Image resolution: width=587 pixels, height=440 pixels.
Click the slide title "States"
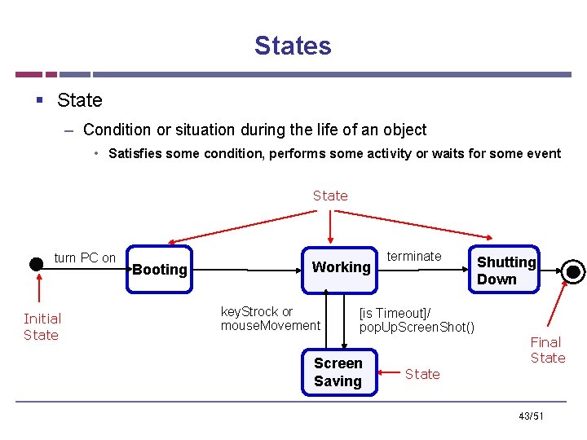click(x=293, y=46)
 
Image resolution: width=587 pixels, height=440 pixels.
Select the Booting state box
click(x=160, y=269)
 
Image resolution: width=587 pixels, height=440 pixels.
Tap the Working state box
click(x=341, y=267)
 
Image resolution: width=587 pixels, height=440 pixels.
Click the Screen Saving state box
click(x=338, y=372)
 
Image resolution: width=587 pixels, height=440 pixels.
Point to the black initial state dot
click(x=36, y=263)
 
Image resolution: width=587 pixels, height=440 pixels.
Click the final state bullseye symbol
click(x=574, y=271)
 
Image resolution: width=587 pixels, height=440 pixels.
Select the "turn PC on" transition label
click(x=85, y=257)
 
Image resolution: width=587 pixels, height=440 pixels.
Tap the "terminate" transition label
click(x=414, y=256)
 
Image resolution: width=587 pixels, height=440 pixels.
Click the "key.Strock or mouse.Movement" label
click(x=270, y=319)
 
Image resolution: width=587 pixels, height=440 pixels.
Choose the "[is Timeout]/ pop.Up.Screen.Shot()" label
click(x=416, y=320)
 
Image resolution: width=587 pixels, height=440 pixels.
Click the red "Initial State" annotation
click(x=42, y=327)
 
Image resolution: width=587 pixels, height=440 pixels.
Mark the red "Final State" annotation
click(x=547, y=350)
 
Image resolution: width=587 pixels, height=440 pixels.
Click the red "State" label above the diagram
click(x=330, y=196)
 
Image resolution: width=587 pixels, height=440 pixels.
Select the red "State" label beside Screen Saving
click(x=422, y=374)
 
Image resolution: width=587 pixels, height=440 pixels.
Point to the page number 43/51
click(x=530, y=416)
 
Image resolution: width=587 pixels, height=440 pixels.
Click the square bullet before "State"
click(x=38, y=100)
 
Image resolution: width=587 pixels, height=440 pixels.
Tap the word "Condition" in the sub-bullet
click(x=117, y=130)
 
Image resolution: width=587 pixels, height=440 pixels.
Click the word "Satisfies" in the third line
click(x=135, y=153)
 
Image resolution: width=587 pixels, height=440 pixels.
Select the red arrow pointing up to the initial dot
click(x=37, y=289)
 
